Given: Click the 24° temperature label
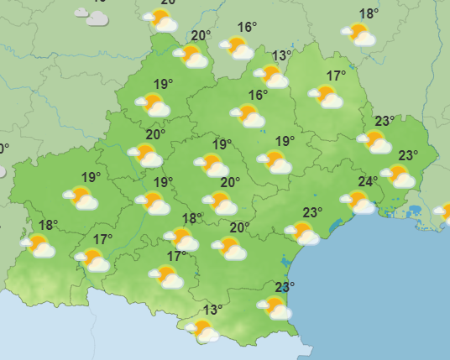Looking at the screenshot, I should click(x=368, y=182).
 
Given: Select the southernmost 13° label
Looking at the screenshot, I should click(x=212, y=310).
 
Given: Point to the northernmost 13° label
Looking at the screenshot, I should click(x=281, y=56).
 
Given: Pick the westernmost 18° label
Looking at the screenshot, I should click(x=48, y=225).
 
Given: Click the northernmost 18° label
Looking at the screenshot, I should click(x=369, y=14).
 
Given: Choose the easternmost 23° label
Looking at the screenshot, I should click(x=408, y=155).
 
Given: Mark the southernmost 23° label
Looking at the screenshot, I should click(x=285, y=287).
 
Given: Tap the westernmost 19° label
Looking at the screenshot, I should click(x=92, y=177).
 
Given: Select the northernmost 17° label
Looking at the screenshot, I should click(x=336, y=76).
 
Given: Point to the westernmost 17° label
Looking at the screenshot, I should click(x=102, y=240).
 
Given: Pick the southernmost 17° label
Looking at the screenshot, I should click(x=176, y=256).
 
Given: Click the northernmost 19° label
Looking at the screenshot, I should click(x=163, y=84).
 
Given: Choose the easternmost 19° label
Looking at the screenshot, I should click(x=285, y=141).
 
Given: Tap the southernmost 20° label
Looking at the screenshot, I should click(x=239, y=227).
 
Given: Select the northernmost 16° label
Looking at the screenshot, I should click(x=247, y=28).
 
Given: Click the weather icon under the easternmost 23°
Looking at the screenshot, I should click(x=398, y=175).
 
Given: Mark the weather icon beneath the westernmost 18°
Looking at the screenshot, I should click(x=39, y=246).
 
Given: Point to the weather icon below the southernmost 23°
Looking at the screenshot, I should click(x=275, y=308).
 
